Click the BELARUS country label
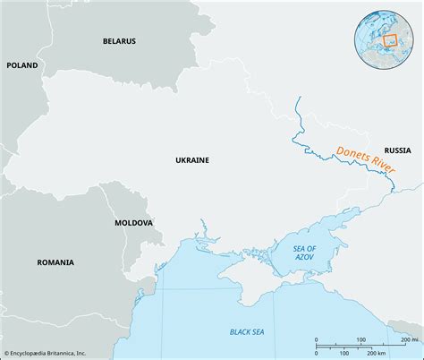click(x=118, y=41)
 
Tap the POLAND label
click(x=22, y=65)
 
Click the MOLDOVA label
click(x=133, y=221)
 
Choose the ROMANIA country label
click(x=56, y=262)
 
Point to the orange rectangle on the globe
click(x=390, y=40)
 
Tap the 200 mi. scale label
click(x=409, y=339)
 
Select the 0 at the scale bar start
click(x=316, y=340)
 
